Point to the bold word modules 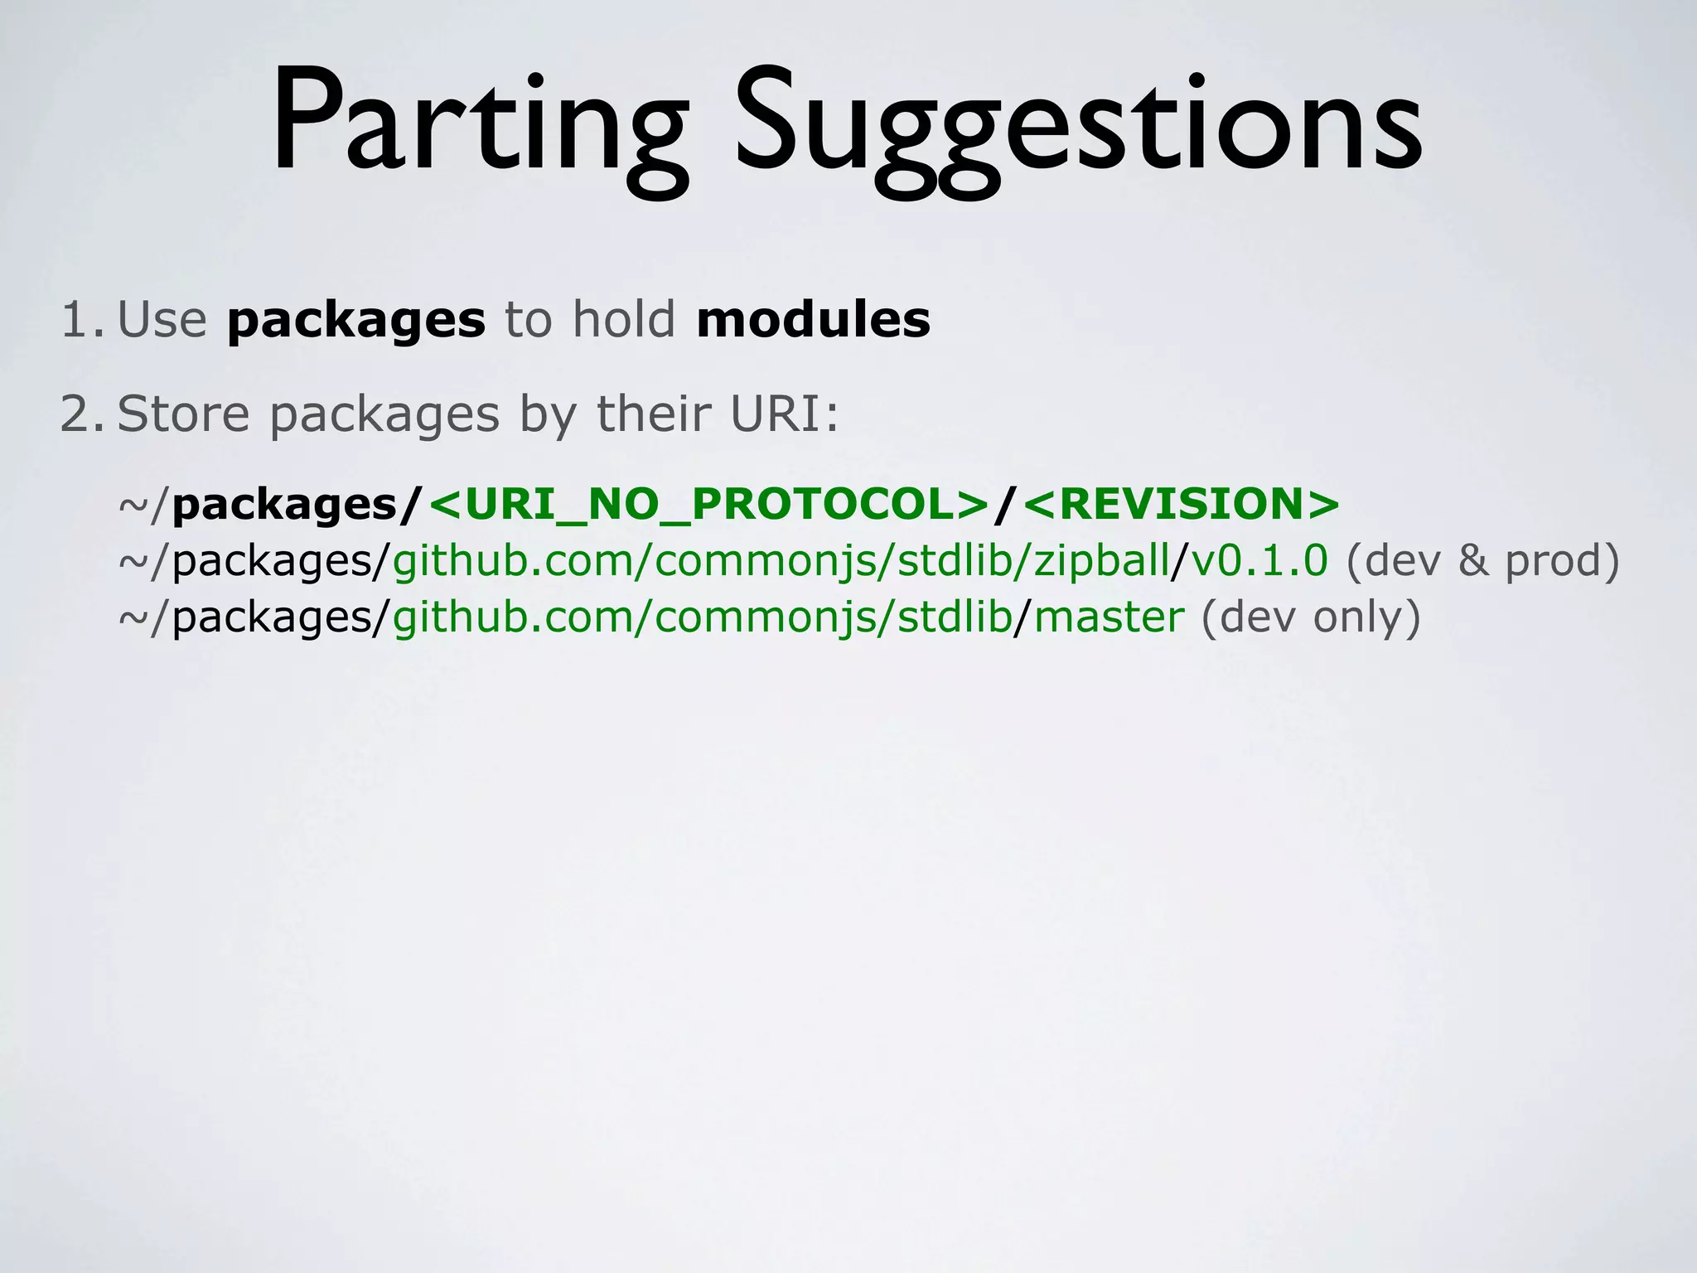(814, 320)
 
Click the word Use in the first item (162, 320)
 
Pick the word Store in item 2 (183, 414)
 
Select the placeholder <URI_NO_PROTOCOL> (709, 504)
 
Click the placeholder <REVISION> (1182, 504)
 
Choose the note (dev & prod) (1482, 562)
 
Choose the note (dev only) (1311, 618)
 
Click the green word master (1110, 617)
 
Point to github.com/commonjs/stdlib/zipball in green (781, 562)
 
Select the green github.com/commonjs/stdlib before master (702, 618)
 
